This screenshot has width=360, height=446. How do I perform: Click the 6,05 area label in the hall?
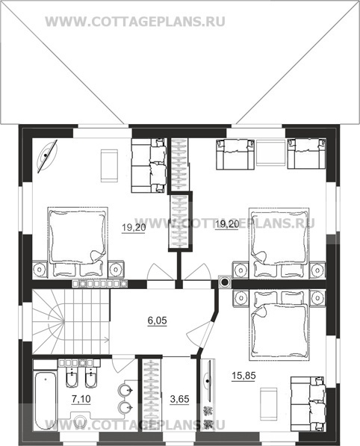[x=157, y=320]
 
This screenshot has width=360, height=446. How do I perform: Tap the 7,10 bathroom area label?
[x=81, y=399]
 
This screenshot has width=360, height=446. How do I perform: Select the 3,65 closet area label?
[x=179, y=399]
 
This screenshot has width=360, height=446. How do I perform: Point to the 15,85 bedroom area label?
[x=243, y=376]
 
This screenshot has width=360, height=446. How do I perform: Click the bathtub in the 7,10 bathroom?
[x=46, y=400]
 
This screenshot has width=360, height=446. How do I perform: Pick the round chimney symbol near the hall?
[x=225, y=282]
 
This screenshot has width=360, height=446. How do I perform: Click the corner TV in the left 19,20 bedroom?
[x=47, y=155]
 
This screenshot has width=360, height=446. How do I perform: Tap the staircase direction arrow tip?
[x=108, y=339]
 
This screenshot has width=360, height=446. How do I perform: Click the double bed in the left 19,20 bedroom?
[x=78, y=242]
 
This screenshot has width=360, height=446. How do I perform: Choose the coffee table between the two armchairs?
[x=270, y=152]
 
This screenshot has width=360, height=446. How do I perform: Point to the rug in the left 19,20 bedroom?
[x=110, y=166]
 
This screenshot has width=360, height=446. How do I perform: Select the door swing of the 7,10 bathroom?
[x=122, y=363]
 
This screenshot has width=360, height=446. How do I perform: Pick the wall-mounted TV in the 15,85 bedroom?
[x=208, y=381]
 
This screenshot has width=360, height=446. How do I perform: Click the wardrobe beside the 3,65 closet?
[x=149, y=395]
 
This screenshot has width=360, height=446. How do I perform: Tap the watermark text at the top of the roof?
[x=135, y=22]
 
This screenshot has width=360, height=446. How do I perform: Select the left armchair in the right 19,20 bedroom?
[x=235, y=155]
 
